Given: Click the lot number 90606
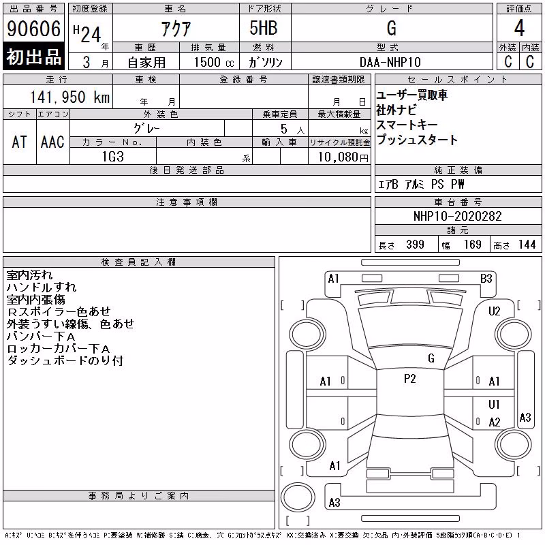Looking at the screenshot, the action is point(33,29).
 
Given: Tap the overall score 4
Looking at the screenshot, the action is point(519,28).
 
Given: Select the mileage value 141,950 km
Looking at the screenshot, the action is point(69,97).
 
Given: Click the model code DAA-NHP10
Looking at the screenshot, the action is point(390,62).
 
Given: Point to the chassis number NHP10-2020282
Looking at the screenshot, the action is point(457,216).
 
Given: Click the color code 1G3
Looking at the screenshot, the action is point(113,157).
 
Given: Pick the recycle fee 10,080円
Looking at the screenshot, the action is point(343,157).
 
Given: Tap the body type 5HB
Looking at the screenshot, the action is point(264,28).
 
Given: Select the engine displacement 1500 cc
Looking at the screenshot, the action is point(214,62).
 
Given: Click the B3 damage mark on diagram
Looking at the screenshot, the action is point(486,279).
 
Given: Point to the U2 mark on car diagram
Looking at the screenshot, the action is point(495,311).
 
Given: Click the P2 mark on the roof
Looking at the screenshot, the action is point(410,379).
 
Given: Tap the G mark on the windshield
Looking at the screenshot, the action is point(431,358).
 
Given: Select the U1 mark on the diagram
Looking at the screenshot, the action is point(494,404).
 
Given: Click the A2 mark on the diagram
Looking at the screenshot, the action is point(495,422).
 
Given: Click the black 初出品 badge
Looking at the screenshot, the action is point(33,57).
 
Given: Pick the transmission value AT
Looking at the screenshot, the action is point(19,142).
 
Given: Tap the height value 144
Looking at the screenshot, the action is point(527,245).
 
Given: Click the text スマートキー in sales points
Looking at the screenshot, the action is point(407,125).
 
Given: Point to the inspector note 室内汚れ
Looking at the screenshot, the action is point(29,275).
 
